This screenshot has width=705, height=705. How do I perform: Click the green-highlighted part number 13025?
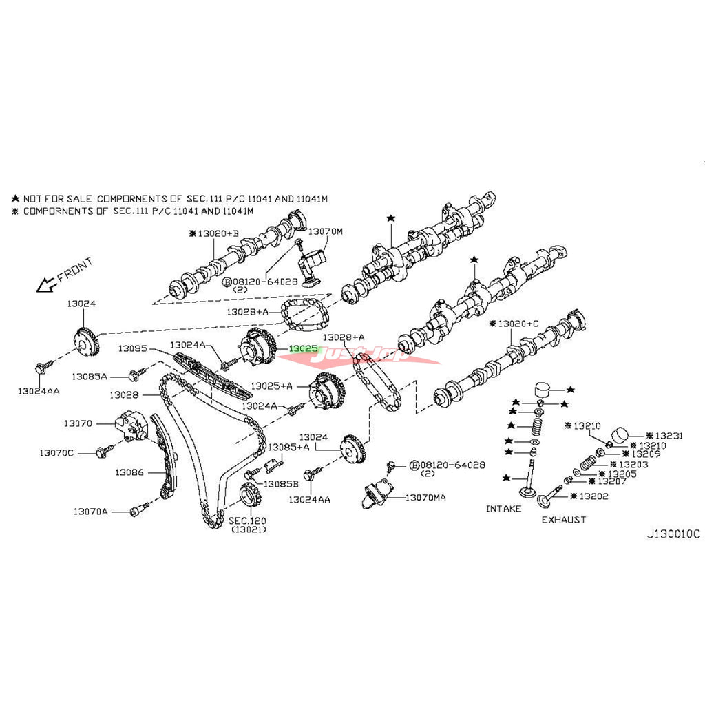click(304, 349)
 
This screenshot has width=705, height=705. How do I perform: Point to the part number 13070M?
click(324, 232)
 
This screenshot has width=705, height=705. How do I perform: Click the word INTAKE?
click(504, 509)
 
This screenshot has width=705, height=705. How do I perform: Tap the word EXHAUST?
click(563, 520)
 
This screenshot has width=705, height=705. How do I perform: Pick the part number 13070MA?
click(425, 497)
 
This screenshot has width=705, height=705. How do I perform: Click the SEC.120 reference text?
click(249, 520)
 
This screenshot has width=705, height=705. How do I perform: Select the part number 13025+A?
click(272, 386)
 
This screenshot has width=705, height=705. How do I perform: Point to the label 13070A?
click(91, 512)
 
